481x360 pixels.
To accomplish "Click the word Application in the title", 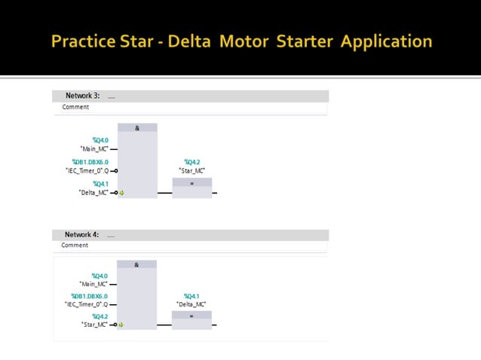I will pos(387,41).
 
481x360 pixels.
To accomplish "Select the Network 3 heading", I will pos(82,96).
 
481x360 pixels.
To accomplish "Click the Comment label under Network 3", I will pos(75,107).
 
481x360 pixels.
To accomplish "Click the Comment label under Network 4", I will pos(75,245).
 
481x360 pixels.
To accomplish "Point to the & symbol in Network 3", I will pos(137,128).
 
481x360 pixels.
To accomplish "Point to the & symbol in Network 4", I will pos(136,264).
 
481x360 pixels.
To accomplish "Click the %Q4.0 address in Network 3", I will pos(100,140).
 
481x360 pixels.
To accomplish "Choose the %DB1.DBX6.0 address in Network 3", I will pos(90,162).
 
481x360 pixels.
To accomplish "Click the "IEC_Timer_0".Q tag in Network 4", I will pos(86,305).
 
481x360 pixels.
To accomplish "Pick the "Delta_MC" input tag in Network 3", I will pos(93,193).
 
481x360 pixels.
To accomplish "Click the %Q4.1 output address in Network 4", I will pos(191,296).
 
